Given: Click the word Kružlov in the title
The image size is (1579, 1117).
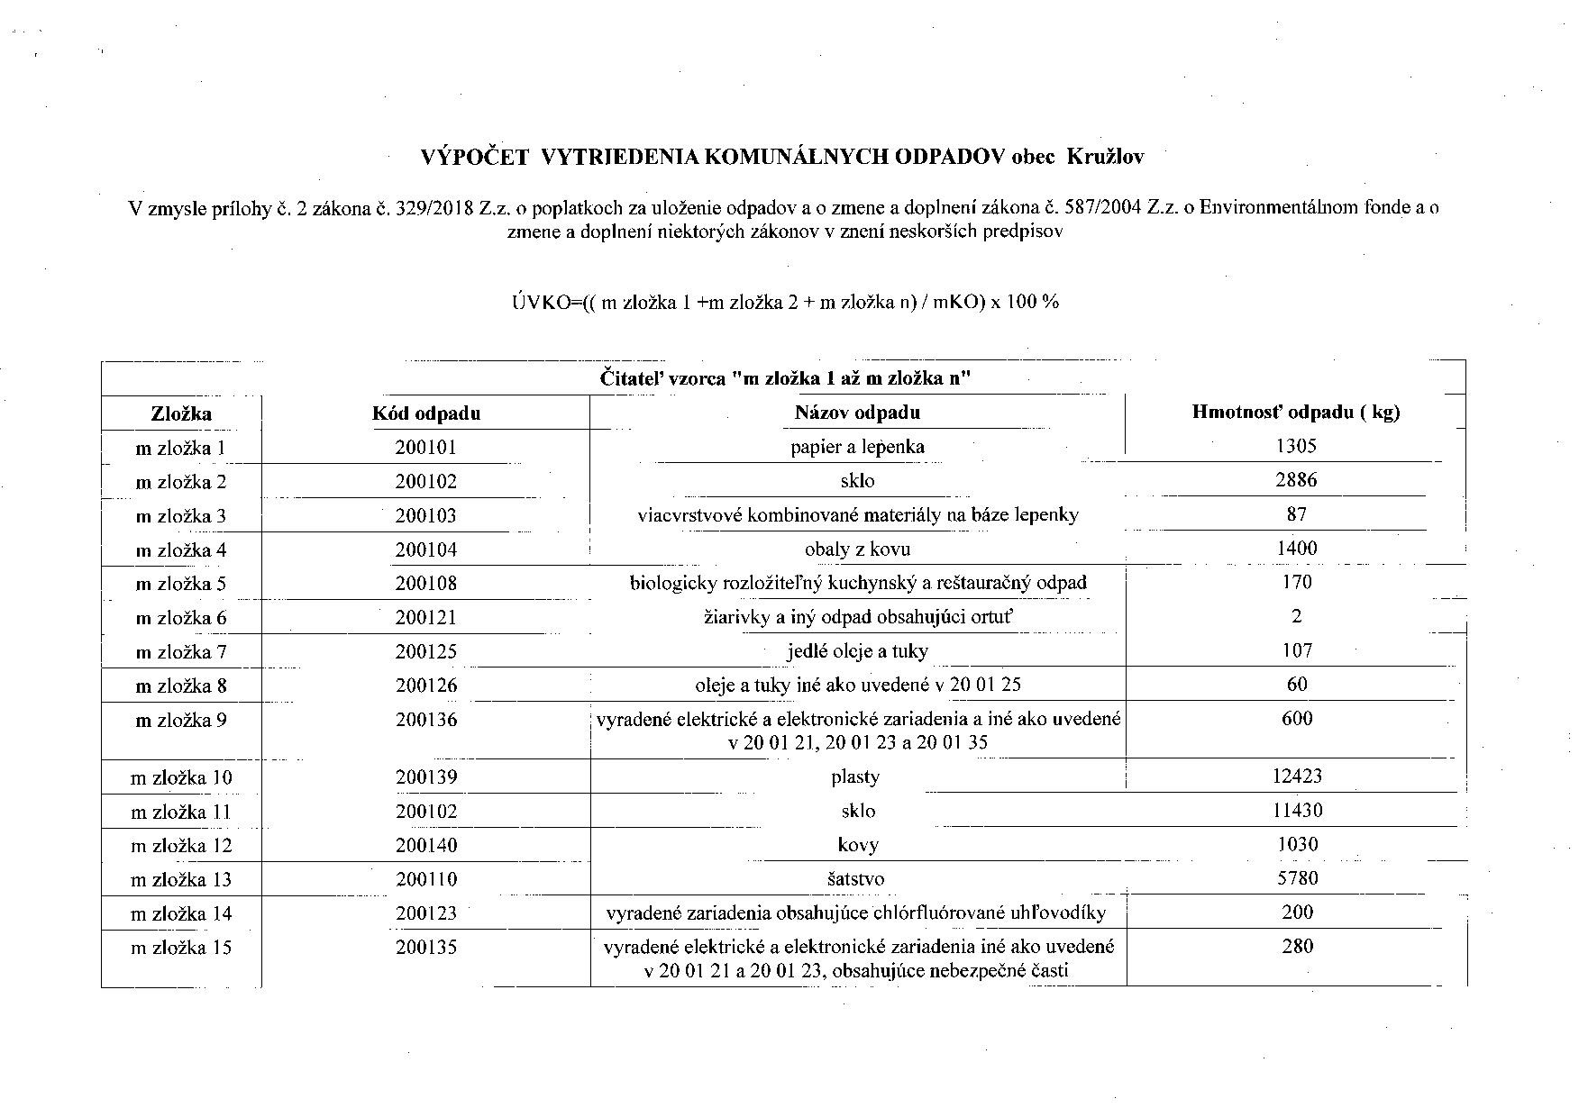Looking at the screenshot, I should coord(1105,157).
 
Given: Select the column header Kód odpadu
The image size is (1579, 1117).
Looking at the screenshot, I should coord(425,413).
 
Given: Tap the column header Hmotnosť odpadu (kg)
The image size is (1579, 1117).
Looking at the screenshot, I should coord(1295,413).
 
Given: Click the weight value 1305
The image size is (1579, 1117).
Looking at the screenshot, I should coord(1296,446).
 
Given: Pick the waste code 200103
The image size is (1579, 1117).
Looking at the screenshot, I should coord(425,516).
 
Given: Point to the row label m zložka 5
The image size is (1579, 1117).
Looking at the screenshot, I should coord(181,584).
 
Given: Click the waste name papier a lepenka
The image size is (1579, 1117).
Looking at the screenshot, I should coord(857,447).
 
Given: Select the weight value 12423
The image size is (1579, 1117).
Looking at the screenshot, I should coord(1296,776).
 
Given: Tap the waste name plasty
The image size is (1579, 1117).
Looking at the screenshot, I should coord(856,776).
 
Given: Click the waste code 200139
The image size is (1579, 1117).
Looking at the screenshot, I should coord(425,776).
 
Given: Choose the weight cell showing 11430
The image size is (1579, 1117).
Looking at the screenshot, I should coord(1296,810).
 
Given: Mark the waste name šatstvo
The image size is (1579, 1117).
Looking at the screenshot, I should coord(857,878).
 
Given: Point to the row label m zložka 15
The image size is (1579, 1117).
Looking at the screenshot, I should coord(181,948).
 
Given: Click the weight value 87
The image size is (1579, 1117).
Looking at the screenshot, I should coord(1296,514).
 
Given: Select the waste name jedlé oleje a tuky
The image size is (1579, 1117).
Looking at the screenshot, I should coord(857,651).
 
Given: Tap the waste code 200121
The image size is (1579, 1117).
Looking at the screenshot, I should coord(425,618).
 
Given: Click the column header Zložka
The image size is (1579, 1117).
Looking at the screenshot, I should coord(181,413).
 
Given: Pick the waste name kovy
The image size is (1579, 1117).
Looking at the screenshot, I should coord(857,845).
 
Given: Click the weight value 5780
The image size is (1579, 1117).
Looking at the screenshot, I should coord(1296,878).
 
